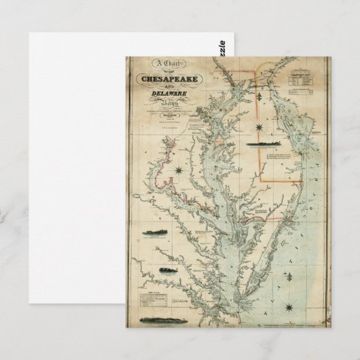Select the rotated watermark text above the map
point(228,48)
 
